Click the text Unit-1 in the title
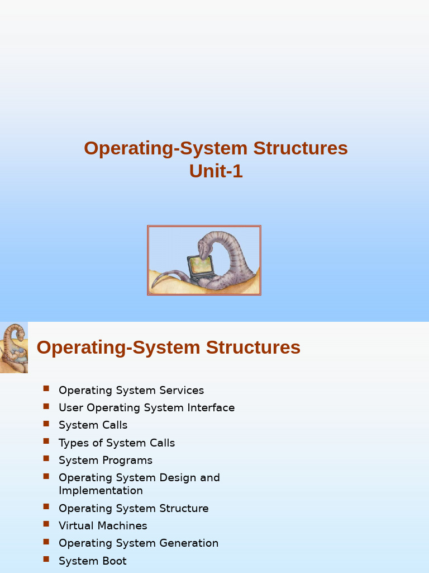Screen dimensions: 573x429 point(216,171)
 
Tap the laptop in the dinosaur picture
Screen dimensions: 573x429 point(200,267)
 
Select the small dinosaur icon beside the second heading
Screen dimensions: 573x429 point(14,347)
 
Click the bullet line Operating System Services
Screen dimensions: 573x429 point(131,390)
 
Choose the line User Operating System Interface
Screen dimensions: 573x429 point(146,407)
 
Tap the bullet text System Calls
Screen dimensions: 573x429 point(93,425)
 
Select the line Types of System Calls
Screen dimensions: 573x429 point(117,443)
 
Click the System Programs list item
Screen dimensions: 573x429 point(106,460)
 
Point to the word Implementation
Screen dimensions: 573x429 point(101,490)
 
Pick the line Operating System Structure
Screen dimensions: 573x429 point(134,508)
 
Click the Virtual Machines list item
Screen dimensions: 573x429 point(103,525)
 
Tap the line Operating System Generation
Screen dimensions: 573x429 point(139,543)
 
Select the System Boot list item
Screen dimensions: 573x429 point(93,561)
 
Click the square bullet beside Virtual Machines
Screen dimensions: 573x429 point(46,524)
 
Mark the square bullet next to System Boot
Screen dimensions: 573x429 point(46,559)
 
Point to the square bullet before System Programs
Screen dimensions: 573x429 point(46,459)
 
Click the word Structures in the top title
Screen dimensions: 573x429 point(301,148)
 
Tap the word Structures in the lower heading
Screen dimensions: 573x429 point(253,347)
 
